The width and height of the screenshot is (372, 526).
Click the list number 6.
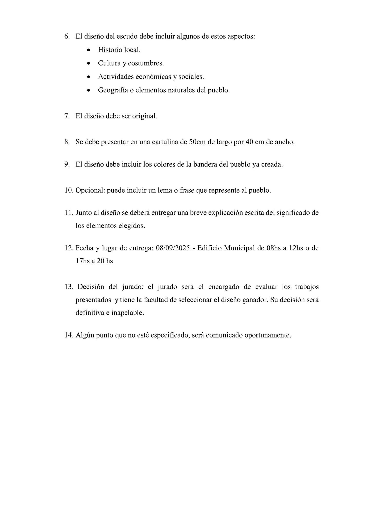point(67,36)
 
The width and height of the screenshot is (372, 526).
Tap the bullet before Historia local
point(89,50)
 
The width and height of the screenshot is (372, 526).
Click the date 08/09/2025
point(173,248)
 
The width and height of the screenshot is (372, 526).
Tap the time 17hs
point(82,261)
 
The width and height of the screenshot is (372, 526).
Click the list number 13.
point(69,287)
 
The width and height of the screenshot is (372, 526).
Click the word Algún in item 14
point(85,335)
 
